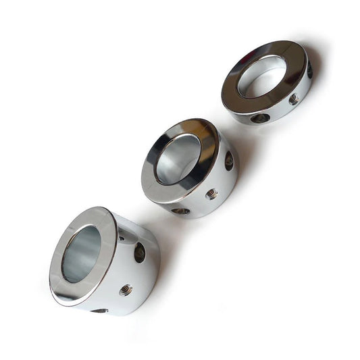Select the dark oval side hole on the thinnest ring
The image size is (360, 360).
tap(260, 118)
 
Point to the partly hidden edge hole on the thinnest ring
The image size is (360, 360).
tap(310, 70)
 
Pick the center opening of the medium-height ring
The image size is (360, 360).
tap(177, 159)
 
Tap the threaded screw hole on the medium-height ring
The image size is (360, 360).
tap(211, 194)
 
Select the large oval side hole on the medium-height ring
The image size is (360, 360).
tap(229, 161)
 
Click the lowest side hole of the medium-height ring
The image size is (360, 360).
tap(181, 211)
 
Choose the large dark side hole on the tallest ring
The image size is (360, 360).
tap(140, 252)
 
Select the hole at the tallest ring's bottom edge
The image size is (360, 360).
tap(99, 310)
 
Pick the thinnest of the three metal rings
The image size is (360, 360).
tap(267, 84)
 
